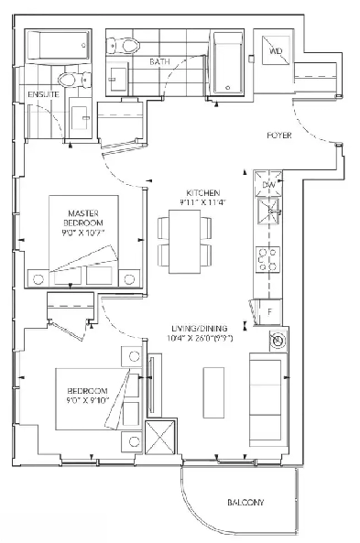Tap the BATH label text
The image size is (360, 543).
160,62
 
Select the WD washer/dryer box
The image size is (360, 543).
275,50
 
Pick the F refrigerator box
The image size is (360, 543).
272,311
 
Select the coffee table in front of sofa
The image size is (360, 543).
213,389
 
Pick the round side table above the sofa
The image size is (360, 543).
276,342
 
